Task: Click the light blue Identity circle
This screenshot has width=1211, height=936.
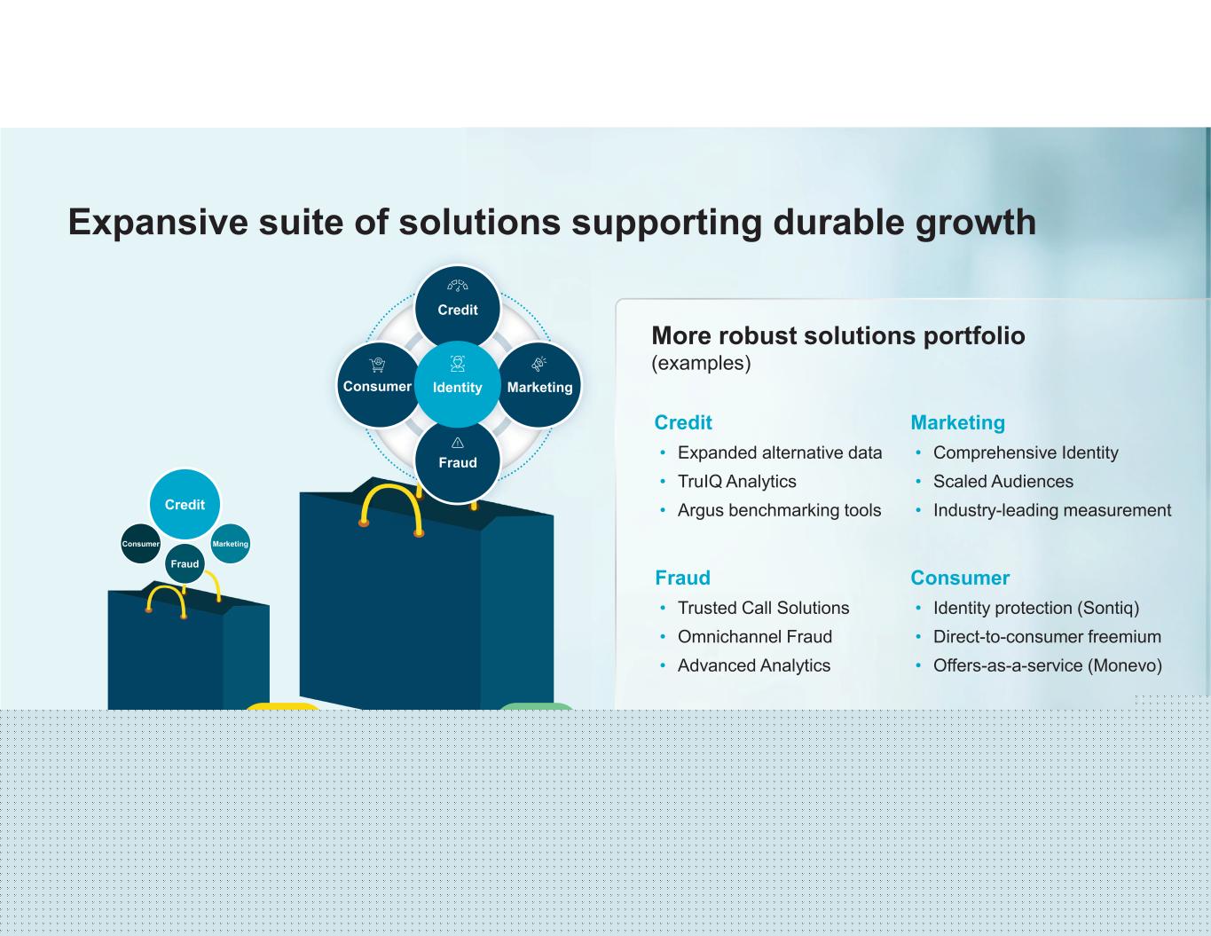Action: (457, 384)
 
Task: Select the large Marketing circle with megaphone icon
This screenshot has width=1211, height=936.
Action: (539, 384)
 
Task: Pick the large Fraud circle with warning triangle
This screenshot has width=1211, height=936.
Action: (457, 460)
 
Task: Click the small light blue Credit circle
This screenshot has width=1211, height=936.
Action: (185, 504)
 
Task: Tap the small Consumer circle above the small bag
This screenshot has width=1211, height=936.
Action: (140, 543)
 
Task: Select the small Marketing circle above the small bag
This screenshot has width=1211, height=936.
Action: (230, 543)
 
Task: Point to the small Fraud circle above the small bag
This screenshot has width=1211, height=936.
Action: (185, 563)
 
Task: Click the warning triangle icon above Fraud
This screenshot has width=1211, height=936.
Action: (457, 443)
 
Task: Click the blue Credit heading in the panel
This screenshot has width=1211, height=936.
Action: (683, 422)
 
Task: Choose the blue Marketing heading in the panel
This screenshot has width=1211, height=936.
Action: (957, 422)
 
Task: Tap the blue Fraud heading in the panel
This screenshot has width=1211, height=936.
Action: (682, 578)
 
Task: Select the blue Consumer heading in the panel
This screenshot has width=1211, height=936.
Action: (960, 578)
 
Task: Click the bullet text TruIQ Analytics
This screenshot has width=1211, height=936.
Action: (736, 482)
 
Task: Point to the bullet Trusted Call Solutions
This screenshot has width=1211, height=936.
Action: (763, 608)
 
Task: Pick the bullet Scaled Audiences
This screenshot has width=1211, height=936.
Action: (1003, 482)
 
